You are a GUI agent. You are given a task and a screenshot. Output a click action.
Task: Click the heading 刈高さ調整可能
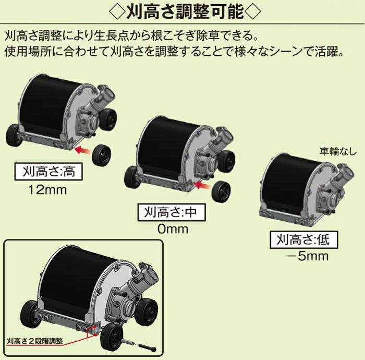pyautogui.click(x=185, y=11)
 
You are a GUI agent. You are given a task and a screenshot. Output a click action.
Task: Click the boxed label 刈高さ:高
pyautogui.click(x=48, y=172)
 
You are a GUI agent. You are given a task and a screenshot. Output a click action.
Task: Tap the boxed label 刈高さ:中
pyautogui.click(x=171, y=212)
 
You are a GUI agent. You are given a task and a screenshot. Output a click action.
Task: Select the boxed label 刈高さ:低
pyautogui.click(x=303, y=239)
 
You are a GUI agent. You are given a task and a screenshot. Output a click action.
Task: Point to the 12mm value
pyautogui.click(x=47, y=190)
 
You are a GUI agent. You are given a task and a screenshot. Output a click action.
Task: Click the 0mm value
pyautogui.click(x=173, y=229)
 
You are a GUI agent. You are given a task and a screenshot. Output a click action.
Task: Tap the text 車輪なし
pyautogui.click(x=338, y=151)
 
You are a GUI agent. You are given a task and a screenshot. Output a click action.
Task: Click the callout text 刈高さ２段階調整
pyautogui.click(x=35, y=341)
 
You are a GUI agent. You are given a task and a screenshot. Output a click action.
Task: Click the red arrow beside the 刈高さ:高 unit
pyautogui.click(x=83, y=150)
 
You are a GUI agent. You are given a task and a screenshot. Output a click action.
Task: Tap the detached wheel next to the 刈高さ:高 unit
pyautogui.click(x=102, y=154)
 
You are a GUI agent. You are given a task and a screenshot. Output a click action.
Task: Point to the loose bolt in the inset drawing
pyautogui.click(x=147, y=347)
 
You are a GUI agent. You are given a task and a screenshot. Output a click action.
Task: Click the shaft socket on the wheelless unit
pyautogui.click(x=345, y=174)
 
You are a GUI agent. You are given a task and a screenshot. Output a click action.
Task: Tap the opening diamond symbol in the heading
pyautogui.click(x=117, y=11)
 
